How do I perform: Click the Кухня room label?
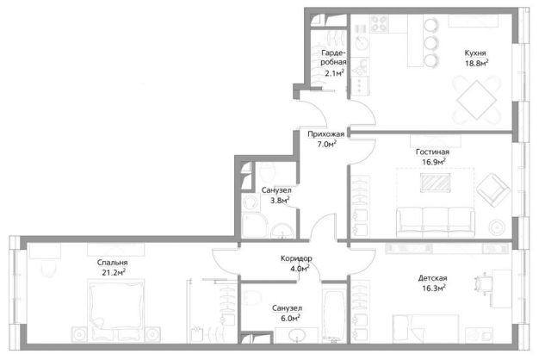tap(475, 53)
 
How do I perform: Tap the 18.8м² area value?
tap(477, 63)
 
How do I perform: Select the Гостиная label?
tap(432, 152)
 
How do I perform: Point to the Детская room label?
tap(432, 278)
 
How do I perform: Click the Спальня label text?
tap(112, 263)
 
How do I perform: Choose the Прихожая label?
tap(325, 134)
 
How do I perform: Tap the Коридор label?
tap(296, 258)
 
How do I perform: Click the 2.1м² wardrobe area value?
tap(334, 73)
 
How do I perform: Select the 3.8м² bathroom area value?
tap(280, 201)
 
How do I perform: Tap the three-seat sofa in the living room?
tap(436, 222)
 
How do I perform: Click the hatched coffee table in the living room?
tap(436, 183)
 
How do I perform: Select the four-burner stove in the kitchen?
tap(379, 23)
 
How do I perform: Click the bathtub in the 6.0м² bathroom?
tap(335, 315)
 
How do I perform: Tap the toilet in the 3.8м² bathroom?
tap(268, 171)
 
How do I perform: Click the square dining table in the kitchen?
tap(476, 100)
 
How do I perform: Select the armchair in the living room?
tap(493, 189)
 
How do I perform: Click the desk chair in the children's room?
tap(482, 282)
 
